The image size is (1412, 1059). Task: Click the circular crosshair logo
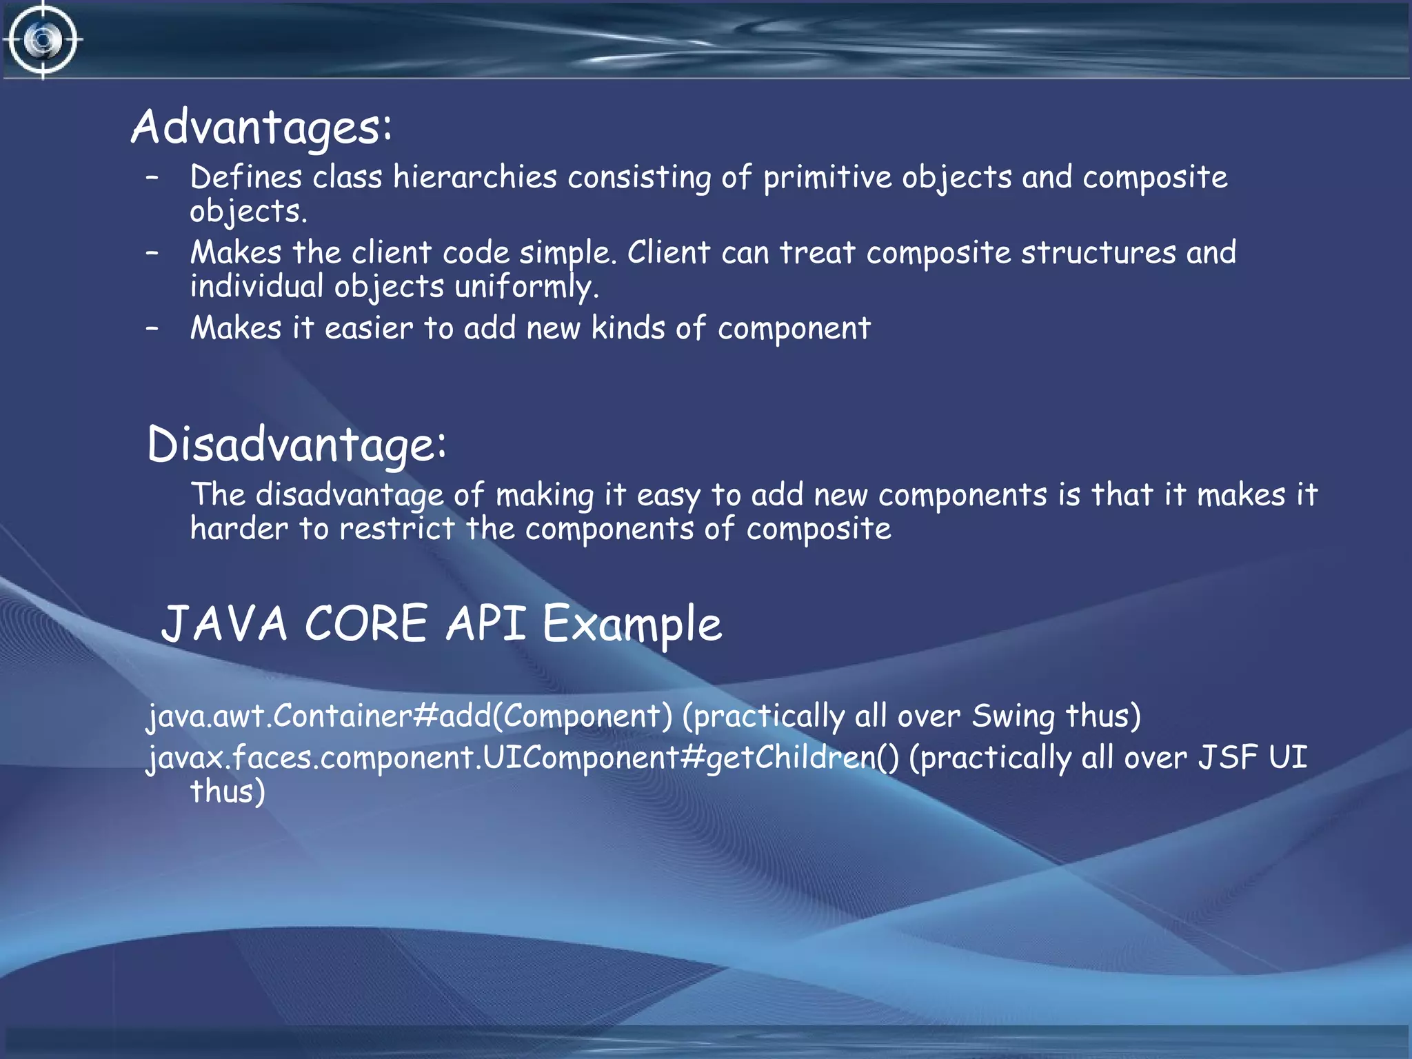(x=43, y=40)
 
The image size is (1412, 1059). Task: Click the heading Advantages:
(x=261, y=128)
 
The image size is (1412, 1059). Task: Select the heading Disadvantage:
(x=296, y=445)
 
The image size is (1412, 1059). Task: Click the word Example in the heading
(x=632, y=624)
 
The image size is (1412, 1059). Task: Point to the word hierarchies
(x=474, y=177)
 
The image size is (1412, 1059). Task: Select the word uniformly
(x=526, y=287)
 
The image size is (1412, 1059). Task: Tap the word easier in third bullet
(x=368, y=328)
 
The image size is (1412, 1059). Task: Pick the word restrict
(x=397, y=529)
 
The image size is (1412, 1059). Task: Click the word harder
(x=239, y=529)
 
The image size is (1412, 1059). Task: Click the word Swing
(x=1012, y=716)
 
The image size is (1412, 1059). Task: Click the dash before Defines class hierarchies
(x=152, y=177)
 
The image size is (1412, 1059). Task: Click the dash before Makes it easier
(x=152, y=328)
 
